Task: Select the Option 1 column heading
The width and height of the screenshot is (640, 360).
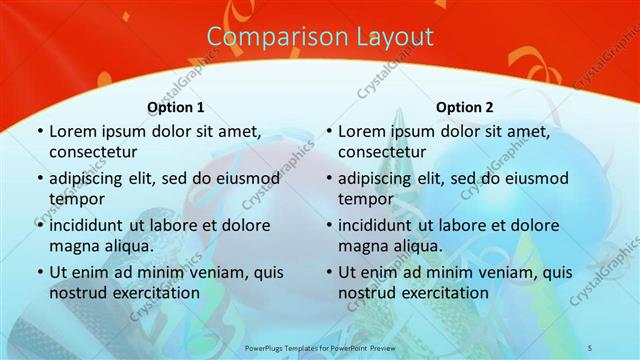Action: (x=176, y=107)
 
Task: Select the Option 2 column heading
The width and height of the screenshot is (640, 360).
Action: (x=465, y=107)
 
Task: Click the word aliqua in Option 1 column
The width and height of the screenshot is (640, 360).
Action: (x=126, y=246)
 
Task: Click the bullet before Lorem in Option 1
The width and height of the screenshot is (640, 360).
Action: (x=39, y=131)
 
